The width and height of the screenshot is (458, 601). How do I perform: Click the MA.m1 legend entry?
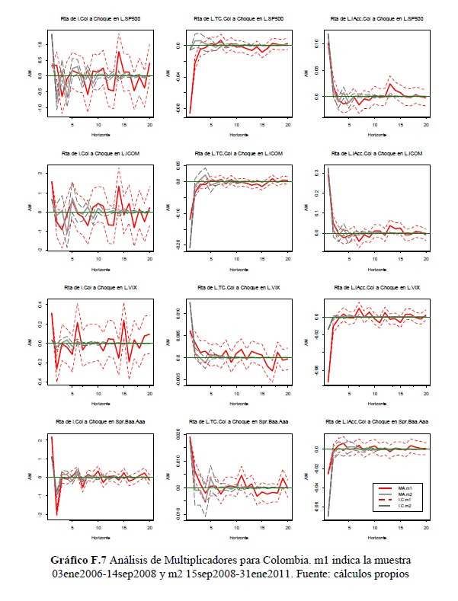coord(405,485)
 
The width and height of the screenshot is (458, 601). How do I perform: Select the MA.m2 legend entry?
coord(405,494)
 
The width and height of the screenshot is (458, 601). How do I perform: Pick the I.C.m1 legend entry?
coord(405,501)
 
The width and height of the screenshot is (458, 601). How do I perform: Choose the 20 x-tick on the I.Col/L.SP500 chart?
coord(151,125)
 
